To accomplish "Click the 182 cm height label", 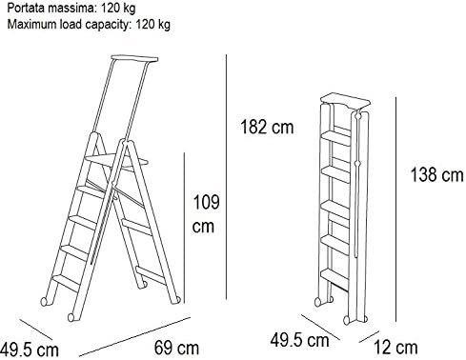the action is [x=267, y=127].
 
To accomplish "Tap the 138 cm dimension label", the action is [x=437, y=174].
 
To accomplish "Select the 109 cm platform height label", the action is [x=206, y=214].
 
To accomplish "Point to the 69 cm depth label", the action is [x=176, y=348].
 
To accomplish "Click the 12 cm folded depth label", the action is [x=395, y=348].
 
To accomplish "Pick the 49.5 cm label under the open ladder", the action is [x=30, y=350].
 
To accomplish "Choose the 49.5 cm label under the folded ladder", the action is [x=299, y=340].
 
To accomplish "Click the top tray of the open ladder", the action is [x=134, y=59].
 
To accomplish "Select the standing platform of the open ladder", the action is [x=116, y=161].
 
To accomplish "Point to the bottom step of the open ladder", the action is [x=66, y=282].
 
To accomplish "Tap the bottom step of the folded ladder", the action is [x=335, y=275].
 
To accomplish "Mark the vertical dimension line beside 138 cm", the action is [x=395, y=210].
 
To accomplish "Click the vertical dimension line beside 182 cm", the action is [x=226, y=176].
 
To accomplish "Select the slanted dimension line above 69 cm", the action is [x=134, y=336].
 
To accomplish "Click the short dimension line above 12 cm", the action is [x=369, y=337].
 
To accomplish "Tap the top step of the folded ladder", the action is [x=336, y=137].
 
